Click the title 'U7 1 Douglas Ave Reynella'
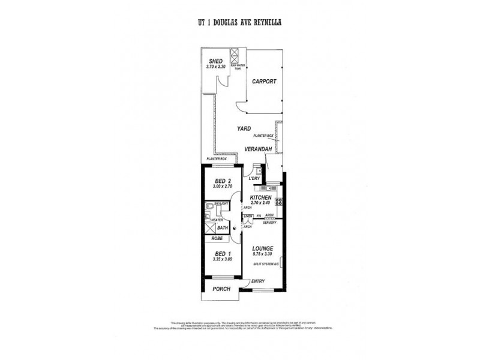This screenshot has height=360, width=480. click(x=240, y=22)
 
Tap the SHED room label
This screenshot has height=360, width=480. click(x=215, y=61)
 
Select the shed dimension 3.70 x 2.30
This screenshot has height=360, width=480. click(x=215, y=67)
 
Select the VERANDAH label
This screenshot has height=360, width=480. click(x=259, y=149)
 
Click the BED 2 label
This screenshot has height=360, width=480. click(x=223, y=181)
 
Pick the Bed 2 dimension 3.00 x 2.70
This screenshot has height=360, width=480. click(x=223, y=187)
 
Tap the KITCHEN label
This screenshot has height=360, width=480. click(x=261, y=197)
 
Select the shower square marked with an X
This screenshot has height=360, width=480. click(x=209, y=228)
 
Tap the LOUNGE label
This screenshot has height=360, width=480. click(x=263, y=248)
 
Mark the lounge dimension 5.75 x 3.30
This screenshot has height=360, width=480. click(x=263, y=254)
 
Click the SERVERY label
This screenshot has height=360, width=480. click(x=269, y=222)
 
